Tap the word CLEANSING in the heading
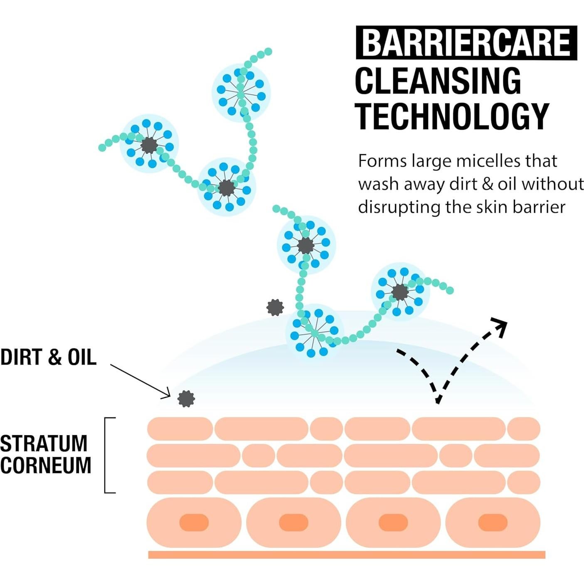[x=438, y=81]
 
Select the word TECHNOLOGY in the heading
[x=452, y=117]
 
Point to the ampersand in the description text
[x=487, y=184]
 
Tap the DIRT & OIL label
[x=48, y=357]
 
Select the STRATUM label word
[x=44, y=444]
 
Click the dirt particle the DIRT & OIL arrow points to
[x=186, y=399]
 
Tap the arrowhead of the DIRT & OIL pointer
[x=166, y=394]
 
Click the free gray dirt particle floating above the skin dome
[x=275, y=308]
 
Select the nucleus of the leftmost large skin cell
[x=194, y=522]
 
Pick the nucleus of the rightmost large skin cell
[x=493, y=522]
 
